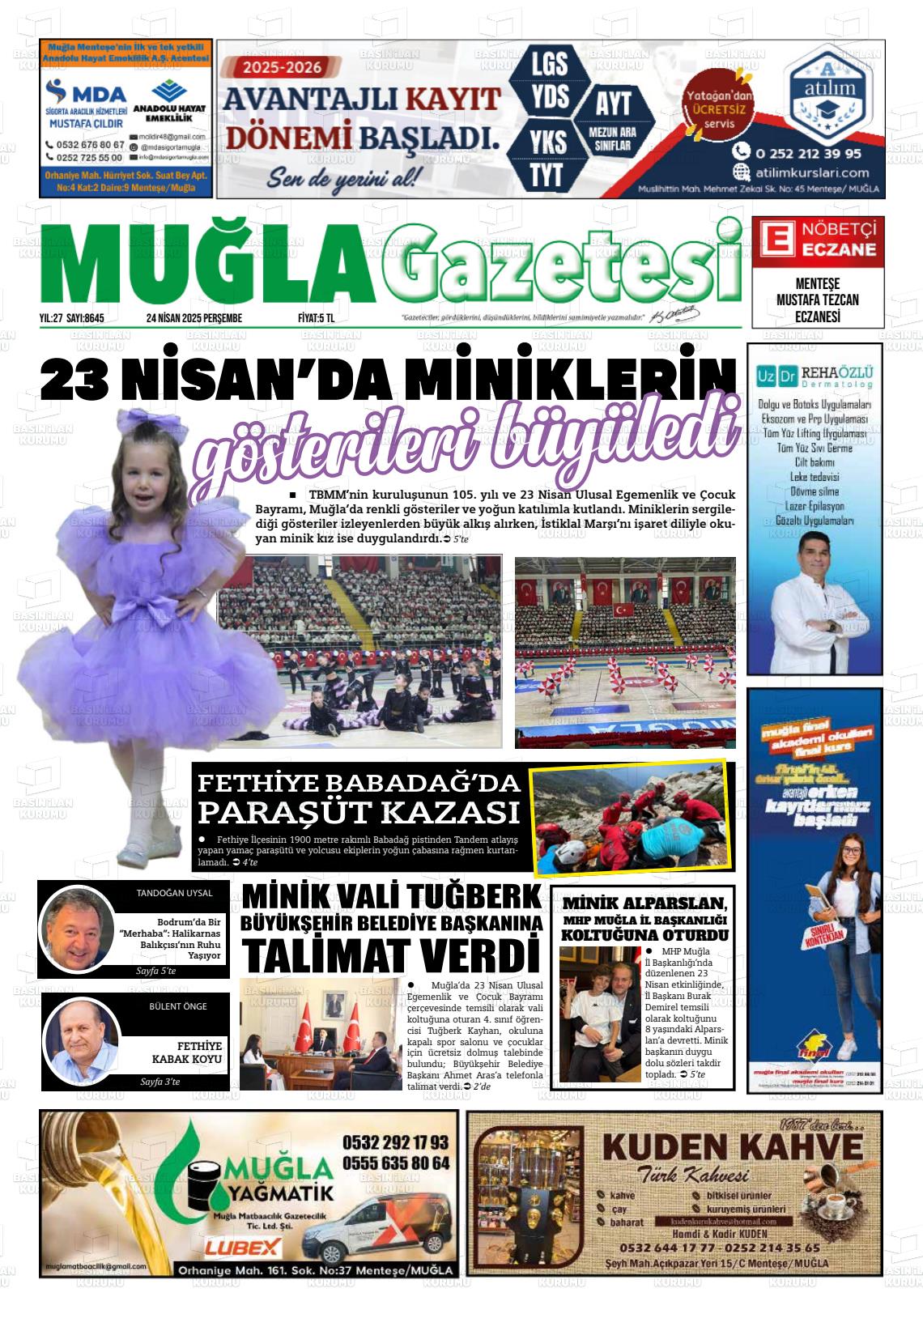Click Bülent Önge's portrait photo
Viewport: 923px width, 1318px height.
point(81,1040)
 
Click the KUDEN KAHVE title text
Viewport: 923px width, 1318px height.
point(733,1147)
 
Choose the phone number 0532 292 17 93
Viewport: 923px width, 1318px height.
point(395,1142)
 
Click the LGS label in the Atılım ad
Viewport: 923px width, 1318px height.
point(548,63)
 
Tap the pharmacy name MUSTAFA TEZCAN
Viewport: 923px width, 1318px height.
point(817,300)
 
